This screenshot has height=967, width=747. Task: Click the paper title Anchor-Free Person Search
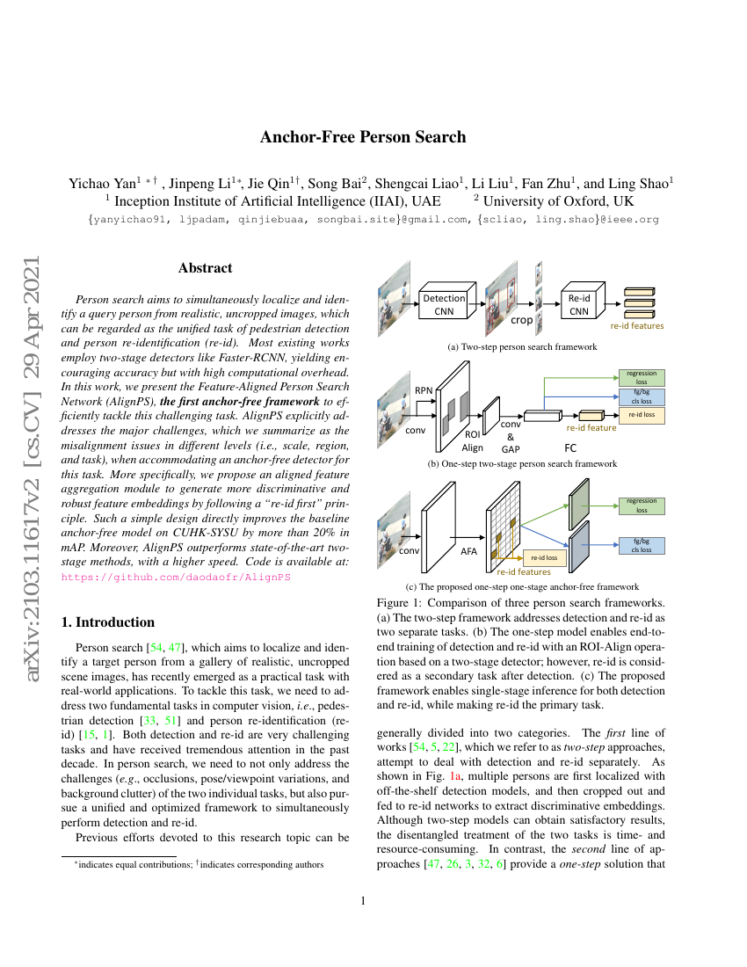(363, 137)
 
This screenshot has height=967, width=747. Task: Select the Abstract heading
(205, 268)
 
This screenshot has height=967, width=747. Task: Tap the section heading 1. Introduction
(108, 622)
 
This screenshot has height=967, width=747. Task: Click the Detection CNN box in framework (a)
(444, 304)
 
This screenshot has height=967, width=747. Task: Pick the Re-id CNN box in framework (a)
(578, 304)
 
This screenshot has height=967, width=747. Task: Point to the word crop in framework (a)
(522, 320)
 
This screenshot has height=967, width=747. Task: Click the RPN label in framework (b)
(424, 389)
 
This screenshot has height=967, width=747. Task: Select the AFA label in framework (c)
(469, 551)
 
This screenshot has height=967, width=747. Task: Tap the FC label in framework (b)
(570, 447)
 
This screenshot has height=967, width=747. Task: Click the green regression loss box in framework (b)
(642, 378)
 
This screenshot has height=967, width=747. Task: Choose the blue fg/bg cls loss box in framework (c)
(642, 545)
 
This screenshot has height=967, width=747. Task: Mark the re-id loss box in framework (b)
(642, 414)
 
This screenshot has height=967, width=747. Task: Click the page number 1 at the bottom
(363, 900)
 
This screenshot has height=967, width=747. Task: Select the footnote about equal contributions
(198, 865)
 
